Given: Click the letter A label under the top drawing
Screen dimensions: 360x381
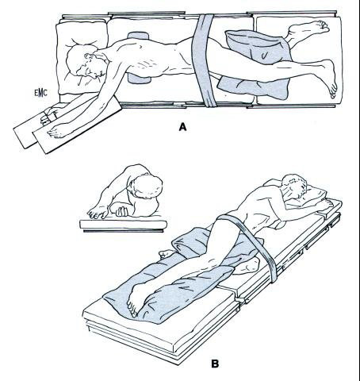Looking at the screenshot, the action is point(182,127).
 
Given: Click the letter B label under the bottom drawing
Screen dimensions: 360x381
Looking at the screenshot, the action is point(215,364).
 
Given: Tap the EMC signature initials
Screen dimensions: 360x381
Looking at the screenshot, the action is point(40,93).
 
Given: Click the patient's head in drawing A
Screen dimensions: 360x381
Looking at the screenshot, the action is point(81,62).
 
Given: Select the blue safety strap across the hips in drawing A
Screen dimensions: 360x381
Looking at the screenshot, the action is point(205,60).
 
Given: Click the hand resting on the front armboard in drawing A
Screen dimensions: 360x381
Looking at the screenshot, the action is point(57,130).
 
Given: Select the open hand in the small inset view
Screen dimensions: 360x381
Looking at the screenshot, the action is point(98,212).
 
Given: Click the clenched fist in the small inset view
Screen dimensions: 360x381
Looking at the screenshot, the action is point(120,211).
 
